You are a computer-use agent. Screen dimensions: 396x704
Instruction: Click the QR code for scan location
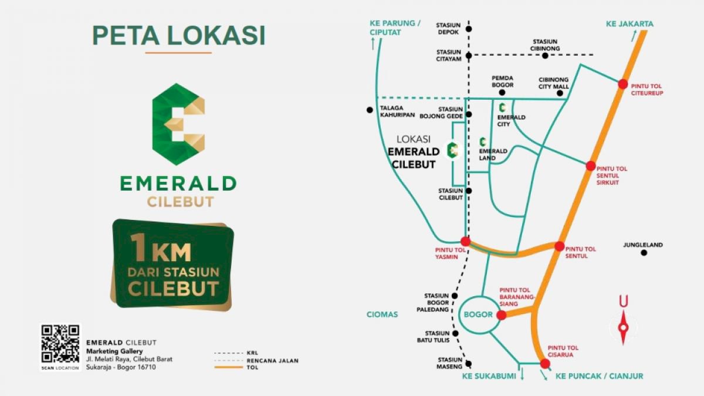click(60, 345)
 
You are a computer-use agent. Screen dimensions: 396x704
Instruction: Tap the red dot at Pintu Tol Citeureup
click(622, 84)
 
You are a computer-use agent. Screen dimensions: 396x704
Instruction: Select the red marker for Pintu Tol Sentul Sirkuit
click(591, 166)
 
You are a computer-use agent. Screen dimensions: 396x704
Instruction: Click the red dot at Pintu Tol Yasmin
click(465, 241)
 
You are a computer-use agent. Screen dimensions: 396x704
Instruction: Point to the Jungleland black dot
click(644, 253)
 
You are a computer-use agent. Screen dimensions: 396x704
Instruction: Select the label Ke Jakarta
click(629, 24)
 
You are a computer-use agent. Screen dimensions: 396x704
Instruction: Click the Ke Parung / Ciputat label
click(395, 28)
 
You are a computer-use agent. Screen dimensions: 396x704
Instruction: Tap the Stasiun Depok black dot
click(468, 28)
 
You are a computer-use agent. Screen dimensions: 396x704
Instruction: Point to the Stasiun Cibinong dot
click(545, 56)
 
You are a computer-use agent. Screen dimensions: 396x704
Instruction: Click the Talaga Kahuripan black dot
click(369, 110)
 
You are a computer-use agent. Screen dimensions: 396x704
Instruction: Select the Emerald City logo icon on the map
click(502, 107)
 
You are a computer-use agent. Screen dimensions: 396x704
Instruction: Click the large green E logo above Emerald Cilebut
click(178, 124)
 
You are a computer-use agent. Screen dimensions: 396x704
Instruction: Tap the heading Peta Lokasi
click(178, 35)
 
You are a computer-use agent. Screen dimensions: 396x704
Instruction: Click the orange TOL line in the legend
click(228, 367)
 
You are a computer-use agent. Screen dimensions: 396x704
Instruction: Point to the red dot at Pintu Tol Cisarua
click(545, 364)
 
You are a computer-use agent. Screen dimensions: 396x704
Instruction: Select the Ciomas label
click(383, 314)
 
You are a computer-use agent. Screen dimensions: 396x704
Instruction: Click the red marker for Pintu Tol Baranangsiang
click(501, 315)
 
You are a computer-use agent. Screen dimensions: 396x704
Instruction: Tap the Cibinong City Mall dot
click(560, 93)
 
